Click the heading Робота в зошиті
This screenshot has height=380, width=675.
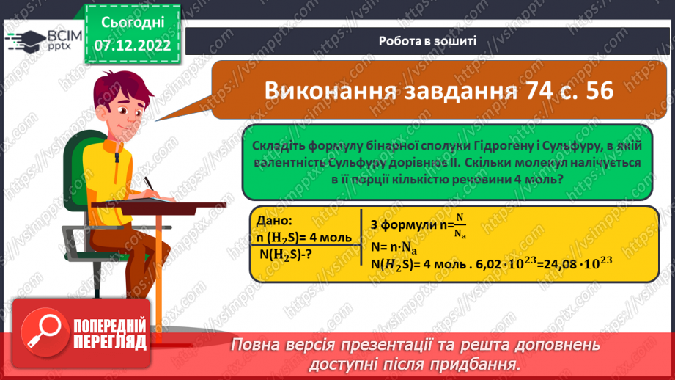(427, 41)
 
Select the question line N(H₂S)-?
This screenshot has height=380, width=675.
(288, 254)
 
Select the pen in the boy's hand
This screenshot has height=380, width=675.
(147, 182)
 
